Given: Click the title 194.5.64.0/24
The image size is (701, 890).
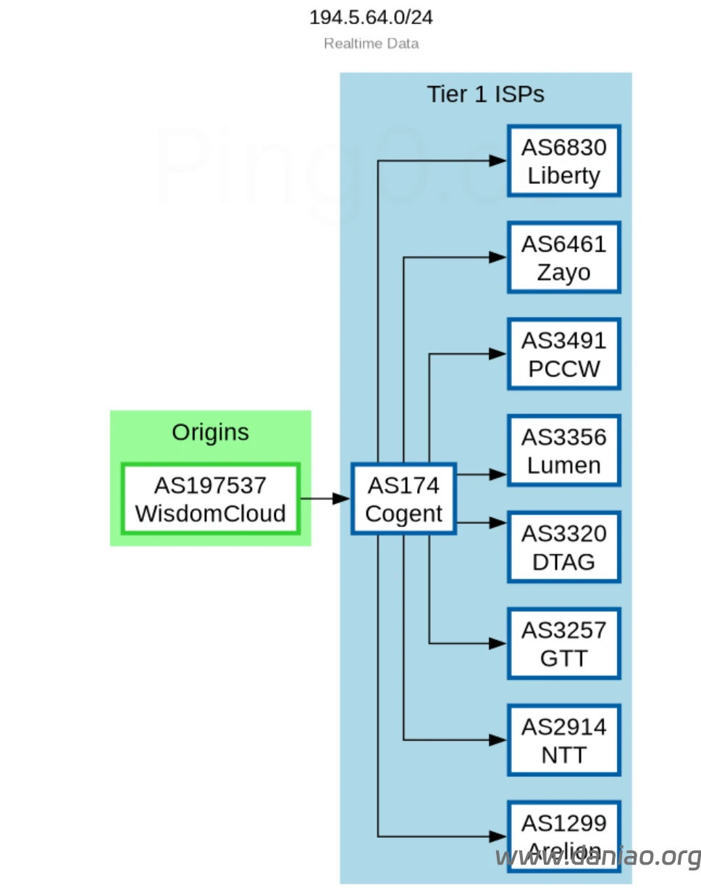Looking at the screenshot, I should click(371, 17).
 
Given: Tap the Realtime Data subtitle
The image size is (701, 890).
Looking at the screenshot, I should click(371, 43).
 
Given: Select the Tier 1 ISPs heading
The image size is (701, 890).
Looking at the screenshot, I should click(485, 94).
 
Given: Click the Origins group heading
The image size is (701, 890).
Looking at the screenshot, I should click(210, 432).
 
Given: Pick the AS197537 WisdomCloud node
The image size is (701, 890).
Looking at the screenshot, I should click(210, 499).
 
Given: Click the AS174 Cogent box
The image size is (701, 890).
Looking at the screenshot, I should click(403, 499).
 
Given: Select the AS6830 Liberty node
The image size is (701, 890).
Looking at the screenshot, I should click(563, 161).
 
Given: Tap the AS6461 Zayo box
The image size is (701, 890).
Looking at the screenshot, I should click(563, 257).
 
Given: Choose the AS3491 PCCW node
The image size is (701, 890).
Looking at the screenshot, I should click(563, 354).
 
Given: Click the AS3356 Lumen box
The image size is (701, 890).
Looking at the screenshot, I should click(563, 450).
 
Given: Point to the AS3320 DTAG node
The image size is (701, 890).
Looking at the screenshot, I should click(563, 547).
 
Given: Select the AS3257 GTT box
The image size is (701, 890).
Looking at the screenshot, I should click(563, 644).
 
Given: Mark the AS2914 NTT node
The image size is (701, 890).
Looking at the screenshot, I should click(563, 740).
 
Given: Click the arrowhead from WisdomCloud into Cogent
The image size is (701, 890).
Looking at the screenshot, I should click(341, 499).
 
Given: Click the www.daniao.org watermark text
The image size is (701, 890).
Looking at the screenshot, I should click(597, 857).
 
